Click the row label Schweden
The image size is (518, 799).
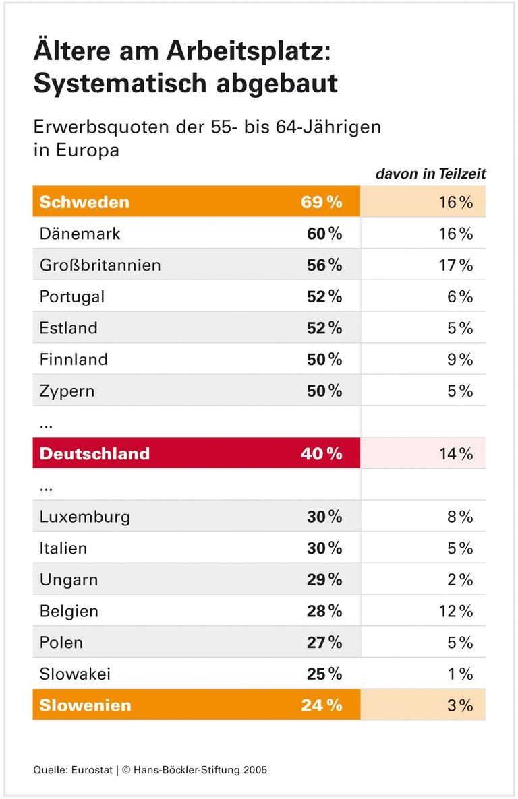click(84, 202)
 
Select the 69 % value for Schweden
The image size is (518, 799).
click(321, 202)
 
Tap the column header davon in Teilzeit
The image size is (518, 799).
click(430, 174)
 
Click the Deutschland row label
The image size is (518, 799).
click(94, 453)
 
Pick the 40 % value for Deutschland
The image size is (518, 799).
click(321, 453)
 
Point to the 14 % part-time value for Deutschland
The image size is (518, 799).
click(455, 453)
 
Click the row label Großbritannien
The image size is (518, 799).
click(100, 265)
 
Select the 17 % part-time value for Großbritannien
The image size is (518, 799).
click(455, 265)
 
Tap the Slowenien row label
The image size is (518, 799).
click(85, 705)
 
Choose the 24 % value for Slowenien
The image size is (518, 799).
click(321, 705)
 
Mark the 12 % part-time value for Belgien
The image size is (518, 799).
click(455, 611)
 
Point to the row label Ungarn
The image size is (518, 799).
click(69, 579)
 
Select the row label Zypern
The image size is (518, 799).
click(67, 391)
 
